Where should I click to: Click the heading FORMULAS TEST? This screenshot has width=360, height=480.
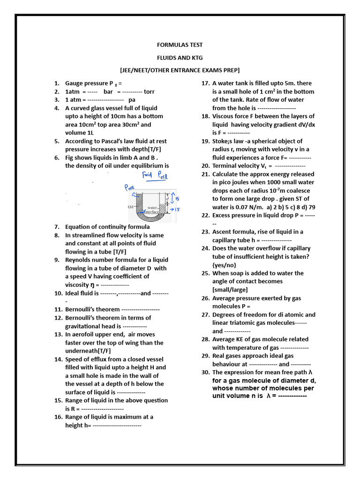tap(180, 45)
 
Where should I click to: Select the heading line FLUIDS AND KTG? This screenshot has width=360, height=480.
tap(180, 58)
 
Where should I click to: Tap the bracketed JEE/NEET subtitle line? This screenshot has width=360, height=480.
tap(180, 70)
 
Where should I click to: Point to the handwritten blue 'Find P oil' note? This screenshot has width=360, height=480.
tap(155, 175)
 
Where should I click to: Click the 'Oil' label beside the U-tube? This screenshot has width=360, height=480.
tap(132, 206)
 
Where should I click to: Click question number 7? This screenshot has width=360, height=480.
tap(56, 227)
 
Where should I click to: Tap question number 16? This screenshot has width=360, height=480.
tap(58, 417)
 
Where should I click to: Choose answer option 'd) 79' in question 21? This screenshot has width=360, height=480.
tap(308, 207)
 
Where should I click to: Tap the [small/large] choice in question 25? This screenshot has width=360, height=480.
tap(230, 290)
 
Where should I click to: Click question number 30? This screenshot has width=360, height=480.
tap(205, 373)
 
